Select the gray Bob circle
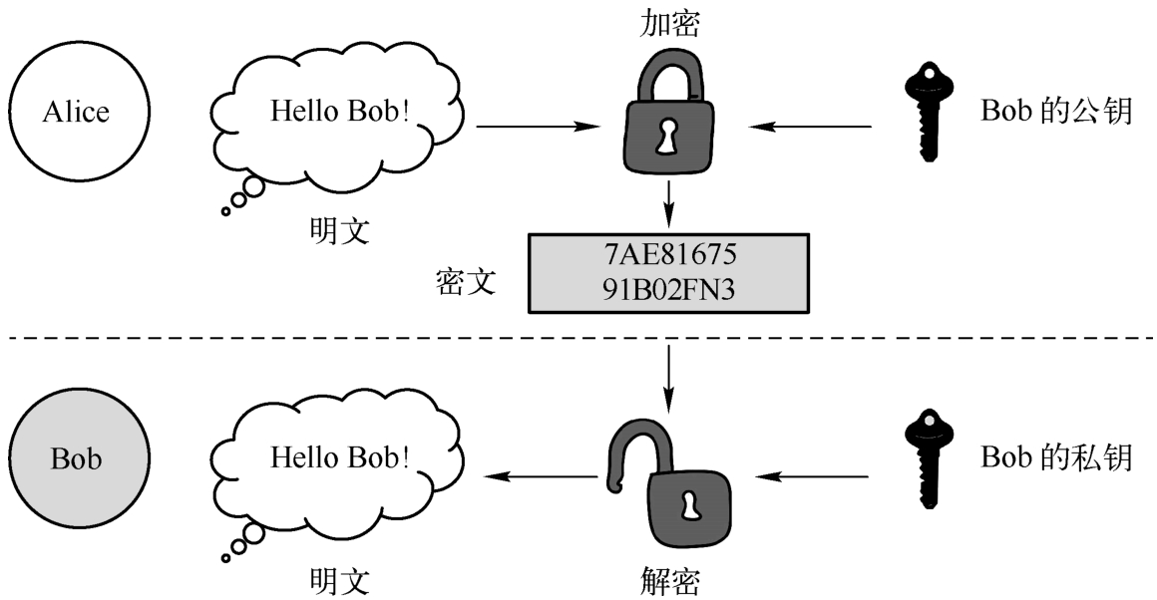click(77, 459)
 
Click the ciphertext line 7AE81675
click(666, 255)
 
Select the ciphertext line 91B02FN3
click(666, 289)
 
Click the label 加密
click(670, 24)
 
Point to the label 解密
click(669, 578)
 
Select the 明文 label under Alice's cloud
click(339, 231)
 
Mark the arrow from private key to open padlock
click(820, 477)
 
